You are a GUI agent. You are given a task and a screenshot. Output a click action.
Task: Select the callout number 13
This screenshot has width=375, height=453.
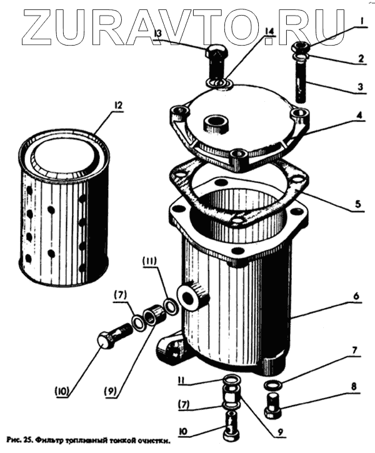pyautogui.click(x=158, y=33)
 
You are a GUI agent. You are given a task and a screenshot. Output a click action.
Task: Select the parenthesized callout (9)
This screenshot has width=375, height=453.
pyautogui.click(x=111, y=392)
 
